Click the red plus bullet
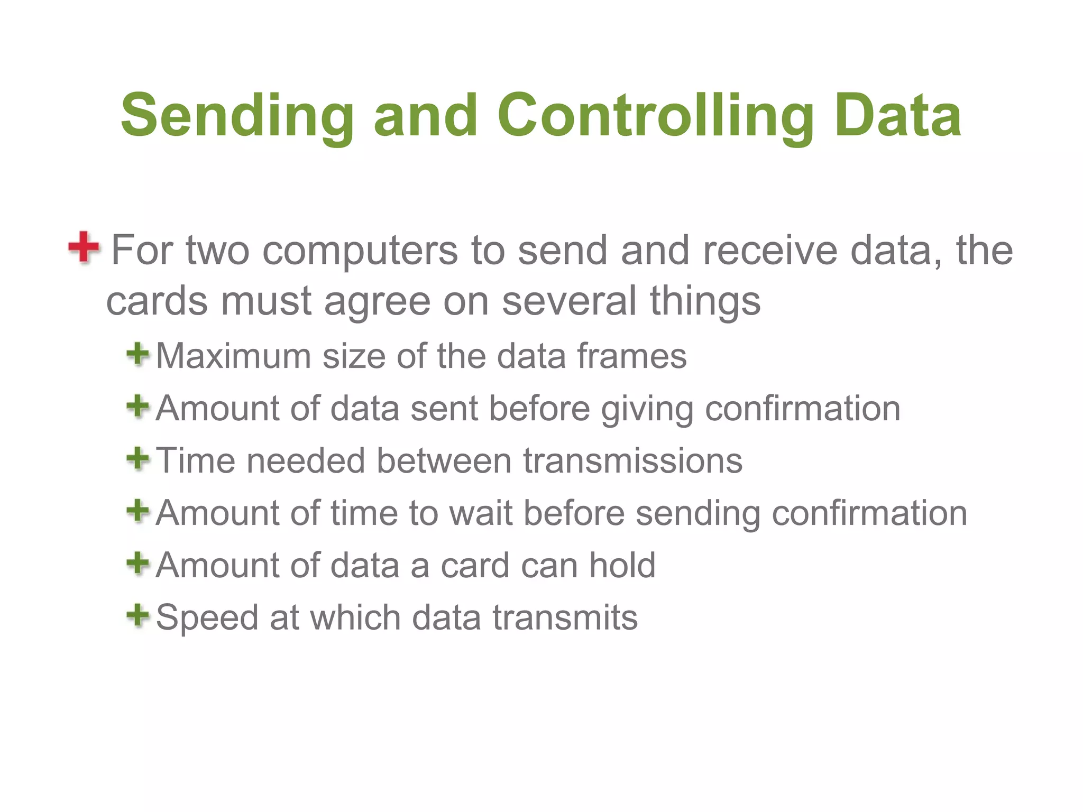pyautogui.click(x=84, y=247)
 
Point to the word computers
pyautogui.click(x=360, y=251)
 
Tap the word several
pyautogui.click(x=569, y=301)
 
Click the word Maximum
pyautogui.click(x=233, y=356)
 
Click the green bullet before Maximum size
pyautogui.click(x=138, y=354)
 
